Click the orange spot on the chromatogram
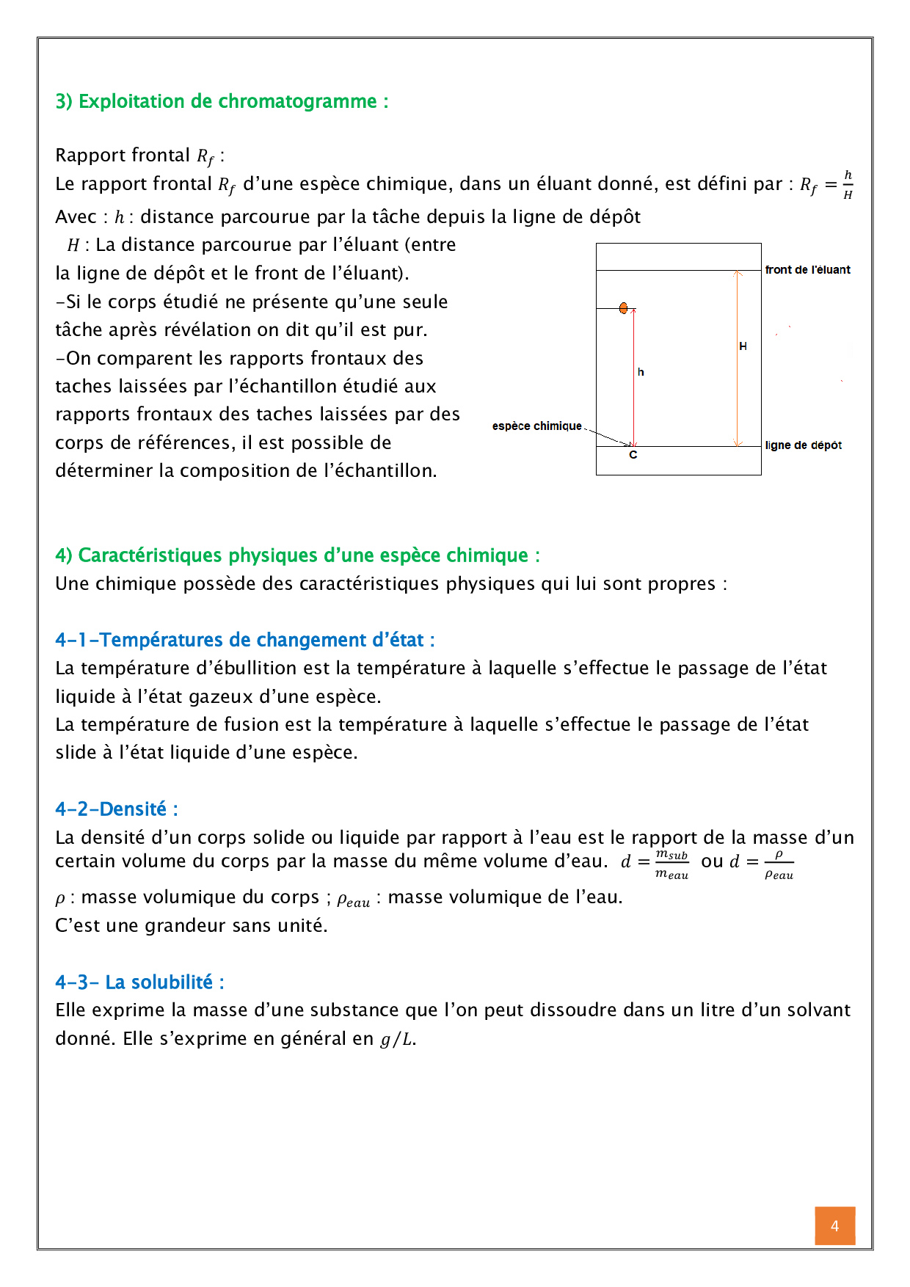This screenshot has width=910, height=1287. click(623, 308)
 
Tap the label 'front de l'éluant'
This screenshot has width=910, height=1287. click(807, 270)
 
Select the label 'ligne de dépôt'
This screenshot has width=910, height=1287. click(803, 445)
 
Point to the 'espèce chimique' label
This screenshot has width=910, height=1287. click(536, 426)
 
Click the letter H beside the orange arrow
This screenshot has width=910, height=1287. click(743, 346)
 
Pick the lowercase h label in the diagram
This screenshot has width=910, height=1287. click(641, 373)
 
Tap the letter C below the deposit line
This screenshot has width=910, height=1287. click(633, 456)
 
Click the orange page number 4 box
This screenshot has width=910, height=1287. click(834, 1225)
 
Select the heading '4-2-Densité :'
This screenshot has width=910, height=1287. click(117, 809)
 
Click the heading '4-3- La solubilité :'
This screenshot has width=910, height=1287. click(139, 982)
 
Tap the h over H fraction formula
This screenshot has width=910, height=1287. click(848, 184)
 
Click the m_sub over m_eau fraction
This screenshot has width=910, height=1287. click(671, 864)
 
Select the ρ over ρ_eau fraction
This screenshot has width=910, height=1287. click(779, 864)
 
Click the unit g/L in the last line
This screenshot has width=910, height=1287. click(396, 1040)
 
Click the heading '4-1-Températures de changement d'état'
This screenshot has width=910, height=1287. click(244, 641)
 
